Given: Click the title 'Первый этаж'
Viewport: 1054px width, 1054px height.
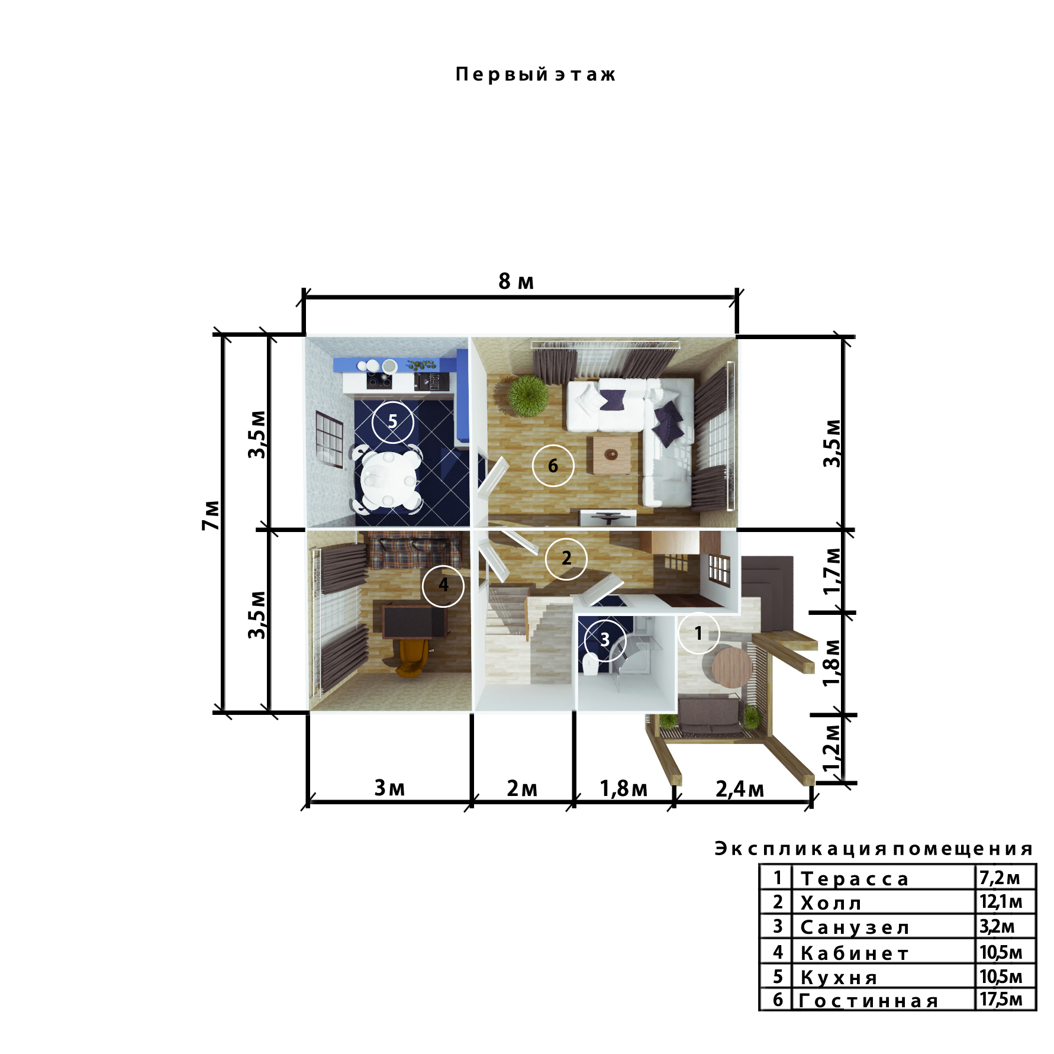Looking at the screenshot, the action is point(536,75).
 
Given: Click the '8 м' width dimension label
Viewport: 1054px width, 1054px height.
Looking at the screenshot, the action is point(516,282).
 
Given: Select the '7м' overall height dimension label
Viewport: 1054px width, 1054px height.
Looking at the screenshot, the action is point(211,515).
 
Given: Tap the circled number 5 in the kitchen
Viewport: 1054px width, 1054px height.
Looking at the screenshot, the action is point(393,422).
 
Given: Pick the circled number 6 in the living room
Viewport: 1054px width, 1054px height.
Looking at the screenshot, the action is point(553,466).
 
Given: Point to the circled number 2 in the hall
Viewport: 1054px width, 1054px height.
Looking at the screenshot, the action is point(566,558).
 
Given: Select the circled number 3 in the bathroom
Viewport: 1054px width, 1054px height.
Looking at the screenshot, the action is point(605,640).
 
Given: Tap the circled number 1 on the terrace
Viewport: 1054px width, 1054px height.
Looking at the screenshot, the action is point(699,633).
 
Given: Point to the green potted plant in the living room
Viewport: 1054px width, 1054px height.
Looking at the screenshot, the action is point(527,395).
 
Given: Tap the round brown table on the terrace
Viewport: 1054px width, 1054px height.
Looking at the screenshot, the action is point(733,667).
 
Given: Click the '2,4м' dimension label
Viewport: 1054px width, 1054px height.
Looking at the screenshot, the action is point(740,789).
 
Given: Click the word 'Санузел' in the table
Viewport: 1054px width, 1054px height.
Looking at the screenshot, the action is point(855,928).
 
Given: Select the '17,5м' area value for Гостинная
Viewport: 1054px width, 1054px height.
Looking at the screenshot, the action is point(1001,1000).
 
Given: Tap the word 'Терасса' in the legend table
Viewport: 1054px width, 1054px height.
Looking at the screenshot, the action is point(855,879).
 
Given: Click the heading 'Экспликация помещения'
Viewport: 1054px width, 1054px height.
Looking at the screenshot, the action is point(874,849).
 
